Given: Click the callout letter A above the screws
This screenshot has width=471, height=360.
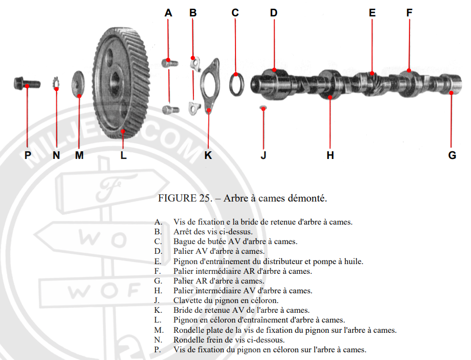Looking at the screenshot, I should [168, 13].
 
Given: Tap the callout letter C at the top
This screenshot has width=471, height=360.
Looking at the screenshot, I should [235, 13].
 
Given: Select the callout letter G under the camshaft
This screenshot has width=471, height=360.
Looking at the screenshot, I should [452, 155].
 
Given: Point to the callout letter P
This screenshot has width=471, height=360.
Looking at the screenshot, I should [28, 155].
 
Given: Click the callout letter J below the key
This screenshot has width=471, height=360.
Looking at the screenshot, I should [263, 155].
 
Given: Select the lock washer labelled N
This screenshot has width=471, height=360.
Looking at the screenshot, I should [56, 84].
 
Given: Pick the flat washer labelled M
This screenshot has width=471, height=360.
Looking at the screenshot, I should [79, 83].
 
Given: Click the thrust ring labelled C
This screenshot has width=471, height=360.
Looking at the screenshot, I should [235, 84].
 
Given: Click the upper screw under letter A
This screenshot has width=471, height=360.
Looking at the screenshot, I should [169, 63].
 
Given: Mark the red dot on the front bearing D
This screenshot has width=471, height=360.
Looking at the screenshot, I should [274, 70].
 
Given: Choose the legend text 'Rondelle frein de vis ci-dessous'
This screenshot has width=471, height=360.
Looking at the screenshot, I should [229, 340].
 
